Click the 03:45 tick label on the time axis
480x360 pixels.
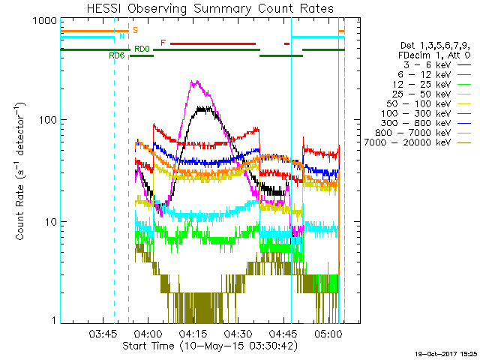coord(101,333)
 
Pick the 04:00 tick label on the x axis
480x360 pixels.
coord(147,333)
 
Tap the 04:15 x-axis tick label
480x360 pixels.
coord(193,333)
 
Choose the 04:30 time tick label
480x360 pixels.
coord(238,333)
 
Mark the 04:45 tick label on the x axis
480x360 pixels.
coord(284,333)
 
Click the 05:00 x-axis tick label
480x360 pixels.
coord(330,333)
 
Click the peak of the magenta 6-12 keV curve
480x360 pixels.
coord(195,82)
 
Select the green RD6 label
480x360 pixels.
coord(116,56)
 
